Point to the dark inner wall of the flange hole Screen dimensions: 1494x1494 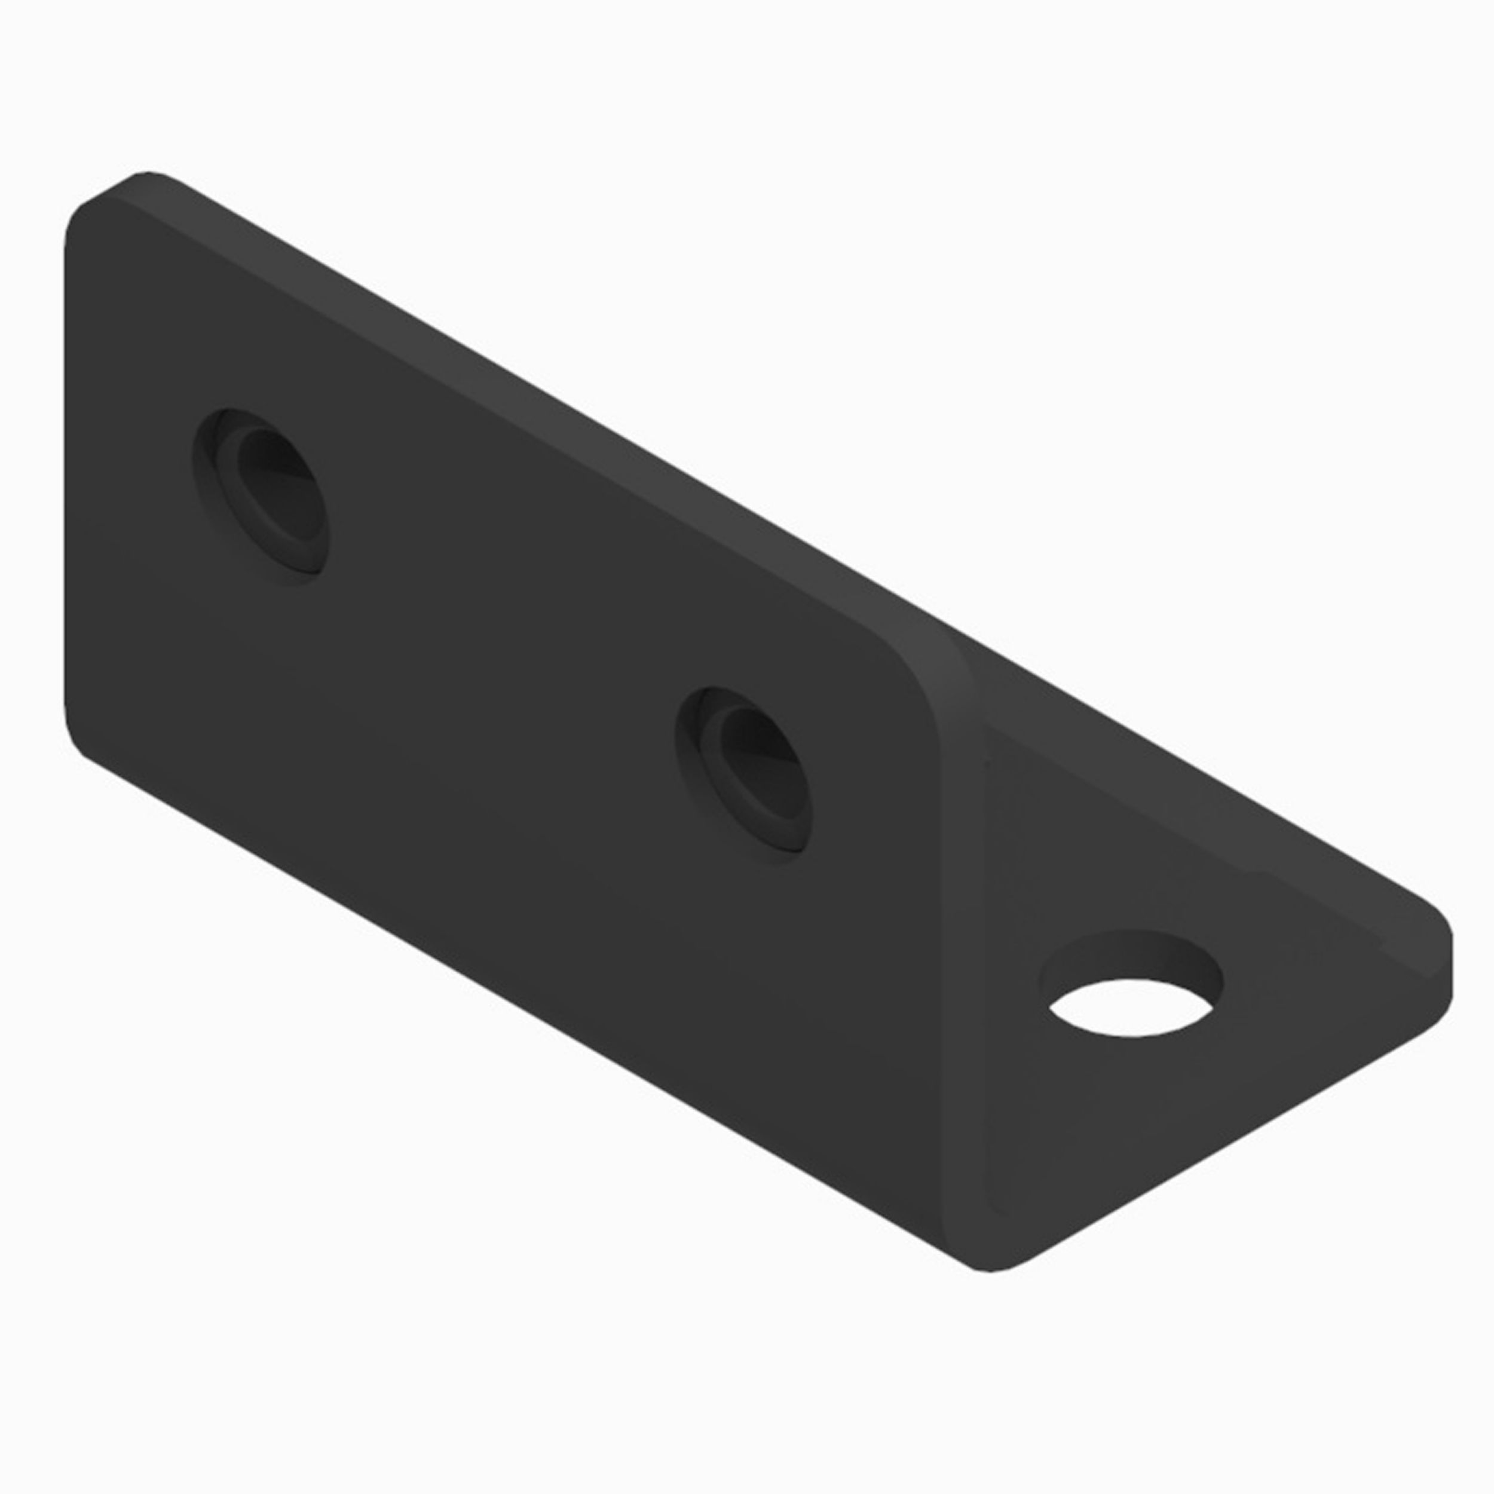[1131, 957]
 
